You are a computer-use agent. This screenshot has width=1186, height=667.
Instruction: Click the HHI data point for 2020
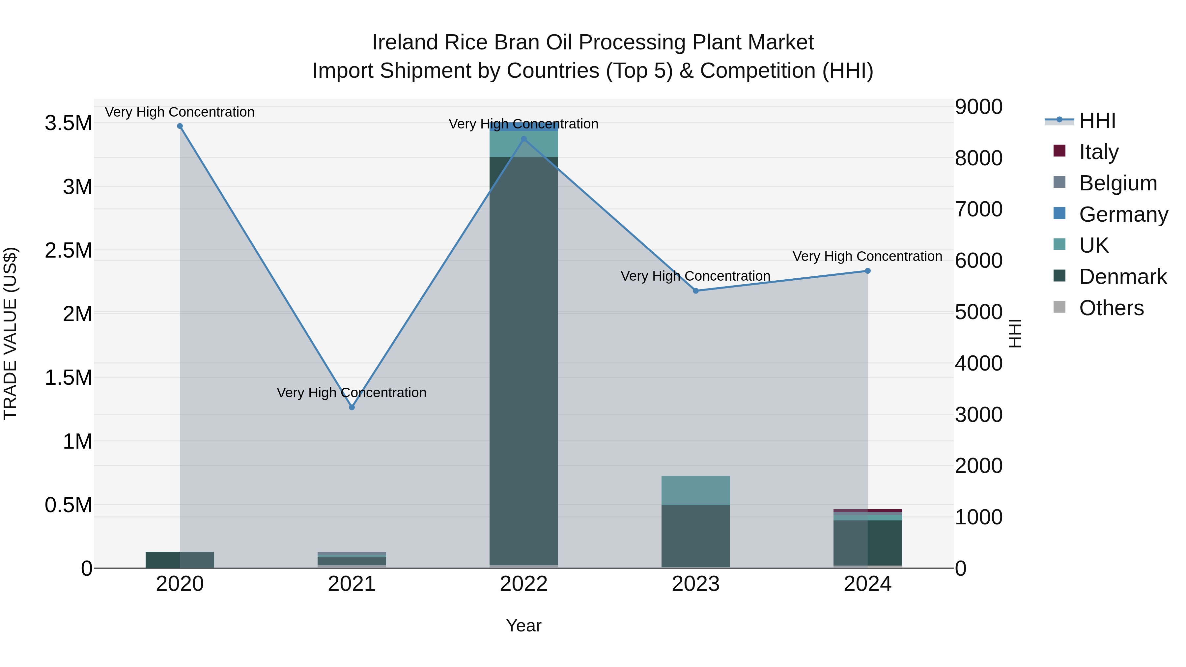pos(180,126)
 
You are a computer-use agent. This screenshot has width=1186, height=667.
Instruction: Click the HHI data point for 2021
pos(352,407)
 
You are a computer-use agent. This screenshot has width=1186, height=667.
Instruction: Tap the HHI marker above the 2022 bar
pos(523,139)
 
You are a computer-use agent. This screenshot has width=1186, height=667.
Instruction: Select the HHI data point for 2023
pos(696,291)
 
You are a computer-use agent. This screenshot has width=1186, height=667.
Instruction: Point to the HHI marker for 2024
pos(867,271)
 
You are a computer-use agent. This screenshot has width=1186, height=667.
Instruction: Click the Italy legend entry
pos(1098,152)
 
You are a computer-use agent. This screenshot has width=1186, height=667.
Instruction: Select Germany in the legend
pos(1123,214)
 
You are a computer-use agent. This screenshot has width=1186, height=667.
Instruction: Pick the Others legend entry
pos(1111,308)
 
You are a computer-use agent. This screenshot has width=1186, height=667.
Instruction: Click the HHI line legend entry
pos(1097,121)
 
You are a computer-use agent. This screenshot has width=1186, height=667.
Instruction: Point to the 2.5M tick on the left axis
pos(69,251)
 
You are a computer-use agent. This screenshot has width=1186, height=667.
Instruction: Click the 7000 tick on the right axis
pos(978,209)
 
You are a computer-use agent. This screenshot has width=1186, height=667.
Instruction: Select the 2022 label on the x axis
pos(523,584)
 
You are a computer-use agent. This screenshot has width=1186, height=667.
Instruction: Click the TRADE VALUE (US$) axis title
pos(10,333)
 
